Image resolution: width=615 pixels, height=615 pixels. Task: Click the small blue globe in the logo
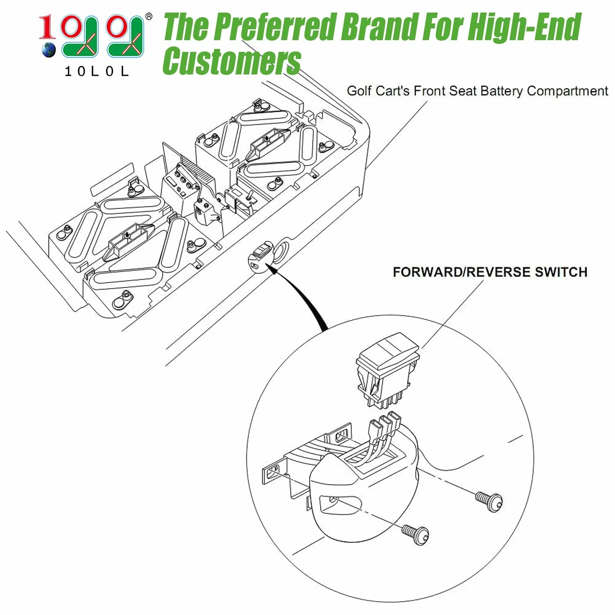coord(49,50)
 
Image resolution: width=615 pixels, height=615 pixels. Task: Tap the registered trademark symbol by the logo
coord(149,17)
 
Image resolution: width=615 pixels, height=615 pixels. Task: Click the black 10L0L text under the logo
coord(97,71)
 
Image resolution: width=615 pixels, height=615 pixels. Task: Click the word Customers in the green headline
coord(232,61)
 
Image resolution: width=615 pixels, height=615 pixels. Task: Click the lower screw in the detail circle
coord(415,535)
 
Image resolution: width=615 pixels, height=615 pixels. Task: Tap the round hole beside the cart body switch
coord(281,252)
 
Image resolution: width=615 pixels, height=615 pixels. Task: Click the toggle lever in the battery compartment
coord(251,195)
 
